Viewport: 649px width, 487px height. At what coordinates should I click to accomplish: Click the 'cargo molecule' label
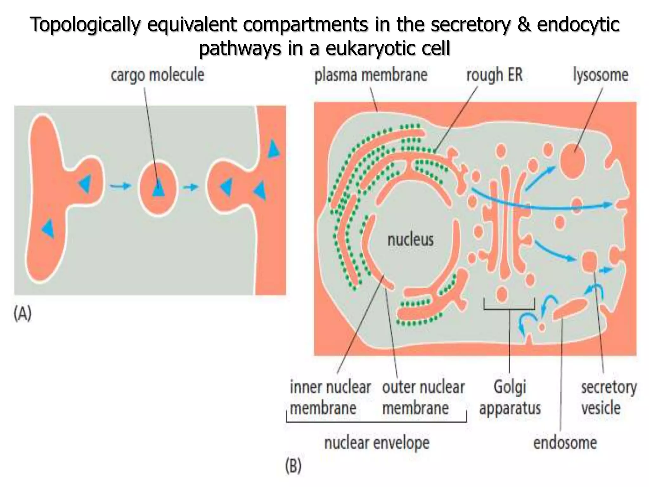(x=157, y=75)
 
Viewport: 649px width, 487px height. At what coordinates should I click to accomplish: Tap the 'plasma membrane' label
(x=371, y=75)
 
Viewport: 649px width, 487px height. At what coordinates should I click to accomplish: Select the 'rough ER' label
(x=494, y=75)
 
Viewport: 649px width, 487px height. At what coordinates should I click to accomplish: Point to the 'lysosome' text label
(x=601, y=75)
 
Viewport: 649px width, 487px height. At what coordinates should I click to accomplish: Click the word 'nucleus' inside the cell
(x=410, y=240)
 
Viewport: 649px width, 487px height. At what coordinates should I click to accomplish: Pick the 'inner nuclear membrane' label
(x=330, y=398)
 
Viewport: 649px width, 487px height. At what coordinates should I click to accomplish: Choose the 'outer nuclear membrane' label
(x=423, y=398)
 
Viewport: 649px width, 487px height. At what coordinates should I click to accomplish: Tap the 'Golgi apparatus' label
(x=510, y=398)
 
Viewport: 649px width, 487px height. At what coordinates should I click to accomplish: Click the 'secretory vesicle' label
(x=608, y=398)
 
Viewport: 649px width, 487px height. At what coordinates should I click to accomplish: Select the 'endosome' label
(x=565, y=443)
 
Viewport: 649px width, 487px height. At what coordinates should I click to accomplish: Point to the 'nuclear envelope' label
(x=377, y=443)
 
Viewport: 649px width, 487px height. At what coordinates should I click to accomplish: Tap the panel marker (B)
(x=293, y=466)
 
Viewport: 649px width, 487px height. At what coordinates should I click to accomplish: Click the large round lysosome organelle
(x=572, y=160)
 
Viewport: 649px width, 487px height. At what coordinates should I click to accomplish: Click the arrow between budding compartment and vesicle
(x=120, y=186)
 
